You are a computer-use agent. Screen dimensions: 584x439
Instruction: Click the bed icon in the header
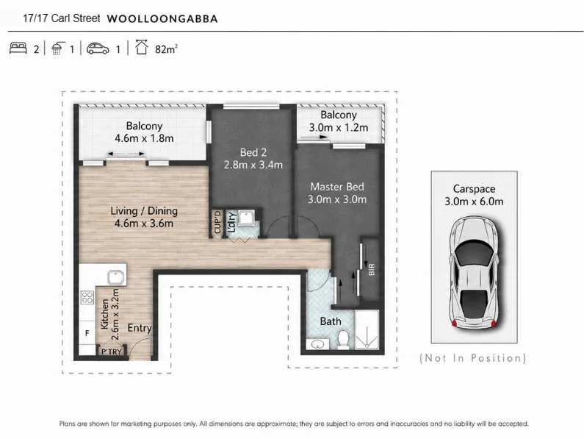click(18, 48)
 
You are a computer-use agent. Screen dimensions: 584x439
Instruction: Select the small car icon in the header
click(98, 49)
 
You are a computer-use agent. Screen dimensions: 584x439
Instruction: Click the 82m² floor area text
click(166, 49)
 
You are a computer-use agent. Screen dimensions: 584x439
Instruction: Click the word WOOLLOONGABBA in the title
click(162, 19)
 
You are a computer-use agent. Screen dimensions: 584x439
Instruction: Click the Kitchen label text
click(104, 314)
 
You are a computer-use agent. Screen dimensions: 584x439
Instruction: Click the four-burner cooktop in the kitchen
click(87, 297)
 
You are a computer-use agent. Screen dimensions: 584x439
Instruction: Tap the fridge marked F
click(87, 333)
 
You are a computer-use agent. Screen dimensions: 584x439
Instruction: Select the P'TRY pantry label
click(112, 351)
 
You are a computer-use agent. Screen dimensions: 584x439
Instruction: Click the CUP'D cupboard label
click(217, 222)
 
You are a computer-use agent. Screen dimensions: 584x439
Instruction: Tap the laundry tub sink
click(246, 218)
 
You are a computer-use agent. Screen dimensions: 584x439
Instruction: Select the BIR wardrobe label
click(371, 269)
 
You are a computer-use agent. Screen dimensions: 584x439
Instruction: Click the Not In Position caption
click(473, 358)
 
